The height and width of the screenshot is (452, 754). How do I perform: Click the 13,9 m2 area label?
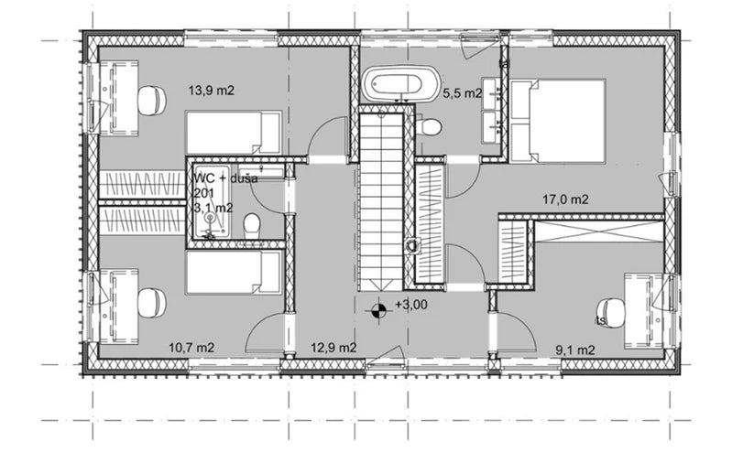pyautogui.click(x=213, y=91)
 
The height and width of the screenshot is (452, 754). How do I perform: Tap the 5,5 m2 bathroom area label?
pyautogui.click(x=462, y=93)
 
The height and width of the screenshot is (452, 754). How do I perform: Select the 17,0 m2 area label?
pyautogui.click(x=565, y=199)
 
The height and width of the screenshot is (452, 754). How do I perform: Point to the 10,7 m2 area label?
pyautogui.click(x=191, y=348)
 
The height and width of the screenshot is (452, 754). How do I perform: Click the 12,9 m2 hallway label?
pyautogui.click(x=333, y=348)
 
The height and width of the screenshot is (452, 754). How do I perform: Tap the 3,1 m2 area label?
pyautogui.click(x=212, y=208)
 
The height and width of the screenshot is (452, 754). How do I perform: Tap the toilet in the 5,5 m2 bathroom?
pyautogui.click(x=430, y=126)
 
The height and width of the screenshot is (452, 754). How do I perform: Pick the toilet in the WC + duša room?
pyautogui.click(x=257, y=225)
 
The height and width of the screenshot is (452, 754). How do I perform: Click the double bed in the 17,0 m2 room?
pyautogui.click(x=557, y=120)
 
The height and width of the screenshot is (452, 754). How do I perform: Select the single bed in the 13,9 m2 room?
pyautogui.click(x=234, y=133)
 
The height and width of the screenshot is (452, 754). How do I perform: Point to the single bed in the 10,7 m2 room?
pyautogui.click(x=234, y=273)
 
